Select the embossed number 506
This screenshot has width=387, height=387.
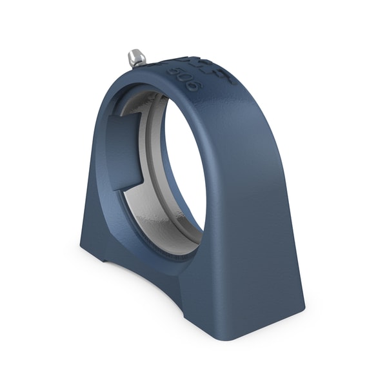pos(186,77)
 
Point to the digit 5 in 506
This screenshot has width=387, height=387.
pos(175,72)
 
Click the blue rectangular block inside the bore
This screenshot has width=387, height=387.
pos(124,152)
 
